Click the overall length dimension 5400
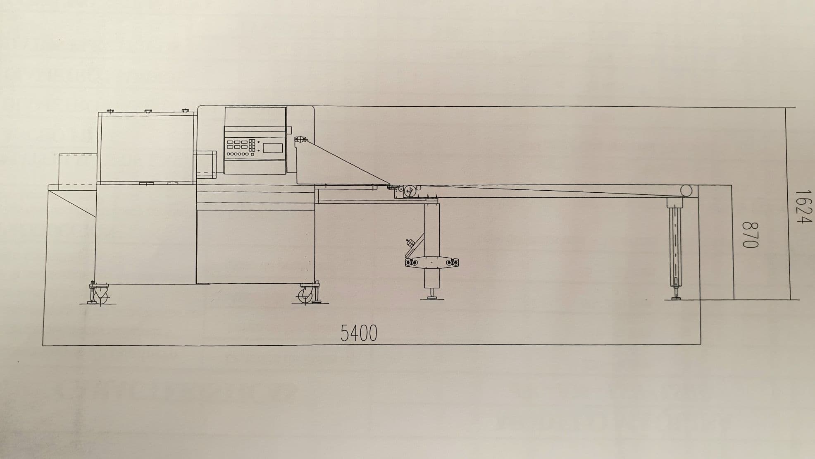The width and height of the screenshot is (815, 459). point(359,333)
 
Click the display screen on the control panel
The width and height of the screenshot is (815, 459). point(273,148)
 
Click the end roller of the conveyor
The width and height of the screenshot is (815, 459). point(686,191)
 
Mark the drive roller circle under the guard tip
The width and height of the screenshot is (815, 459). point(410,191)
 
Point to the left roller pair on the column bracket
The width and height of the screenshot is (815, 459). point(411,263)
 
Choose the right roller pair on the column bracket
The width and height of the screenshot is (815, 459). point(452,262)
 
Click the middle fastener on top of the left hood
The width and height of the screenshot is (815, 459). point(148,111)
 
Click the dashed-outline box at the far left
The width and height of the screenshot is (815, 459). point(78,169)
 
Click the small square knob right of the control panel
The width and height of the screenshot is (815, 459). point(289,131)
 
